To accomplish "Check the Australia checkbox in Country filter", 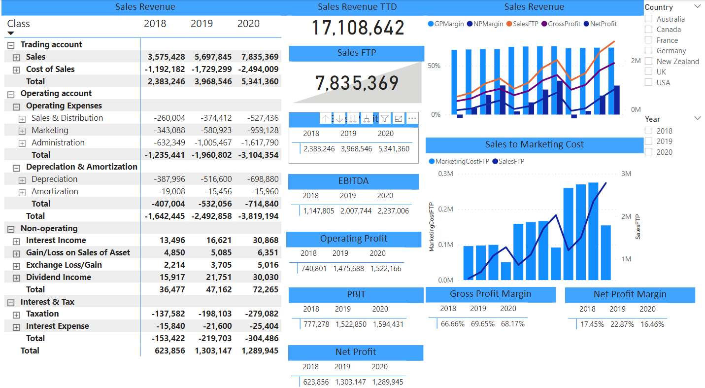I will pos(648,19).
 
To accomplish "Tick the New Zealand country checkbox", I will pos(648,62).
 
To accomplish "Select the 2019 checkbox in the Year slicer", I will pos(648,141).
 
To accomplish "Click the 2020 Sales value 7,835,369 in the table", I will pos(260,57).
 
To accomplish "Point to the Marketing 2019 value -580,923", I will pos(213,130).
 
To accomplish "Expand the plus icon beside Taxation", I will pos(16,314).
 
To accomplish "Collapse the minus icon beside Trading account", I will pos(11,45).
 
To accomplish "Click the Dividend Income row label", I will pos(58,277).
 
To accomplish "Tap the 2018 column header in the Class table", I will pos(155,24).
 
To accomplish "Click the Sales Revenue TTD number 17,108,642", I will pos(358,28).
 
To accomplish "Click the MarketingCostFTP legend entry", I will pos(459,161).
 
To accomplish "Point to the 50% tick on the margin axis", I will pos(434,66).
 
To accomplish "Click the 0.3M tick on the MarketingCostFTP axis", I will pos(445,174).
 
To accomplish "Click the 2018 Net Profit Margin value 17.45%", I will pos(592,324).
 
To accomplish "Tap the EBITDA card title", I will pos(353,181).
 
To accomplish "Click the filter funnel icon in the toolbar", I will pos(385,118).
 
